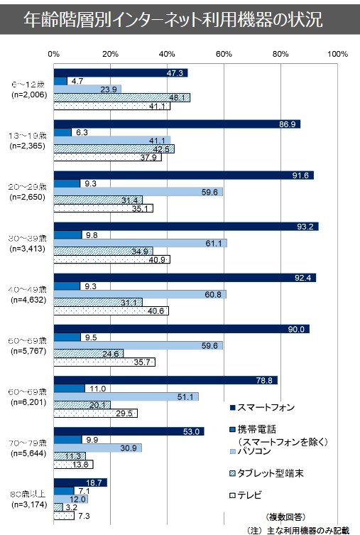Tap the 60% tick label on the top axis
224,53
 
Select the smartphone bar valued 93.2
185,227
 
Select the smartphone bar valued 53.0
129,431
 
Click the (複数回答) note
286,516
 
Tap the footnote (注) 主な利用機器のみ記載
299,529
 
